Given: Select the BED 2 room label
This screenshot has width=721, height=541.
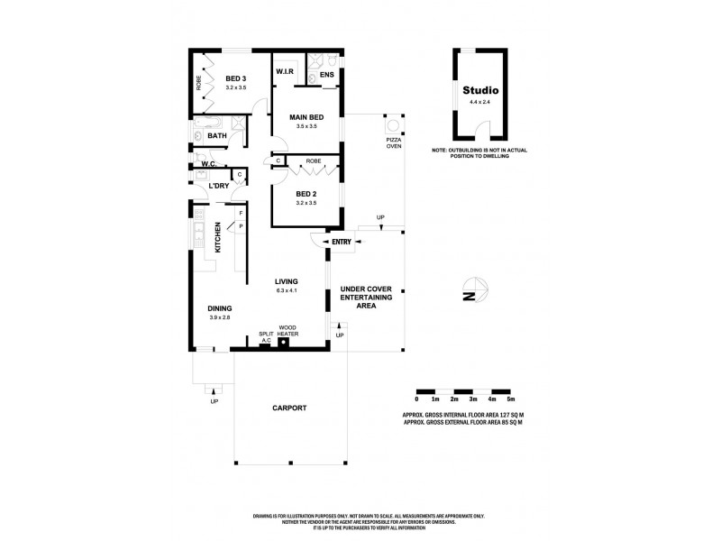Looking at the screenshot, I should tap(306, 193).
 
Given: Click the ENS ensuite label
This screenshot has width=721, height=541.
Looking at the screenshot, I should tap(327, 75).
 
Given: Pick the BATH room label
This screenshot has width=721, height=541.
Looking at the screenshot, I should tap(217, 136).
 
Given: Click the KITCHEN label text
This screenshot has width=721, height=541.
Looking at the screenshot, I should tap(217, 238).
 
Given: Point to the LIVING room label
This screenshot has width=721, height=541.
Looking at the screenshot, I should tap(286, 280).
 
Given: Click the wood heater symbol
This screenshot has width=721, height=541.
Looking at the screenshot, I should tap(283, 344).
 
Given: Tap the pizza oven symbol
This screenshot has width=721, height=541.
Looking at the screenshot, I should tap(393, 121).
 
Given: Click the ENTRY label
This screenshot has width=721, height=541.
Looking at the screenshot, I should tap(342, 241).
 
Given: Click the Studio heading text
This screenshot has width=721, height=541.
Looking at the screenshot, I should tap(480, 91).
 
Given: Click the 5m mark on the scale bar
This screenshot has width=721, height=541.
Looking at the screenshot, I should tap(511, 399).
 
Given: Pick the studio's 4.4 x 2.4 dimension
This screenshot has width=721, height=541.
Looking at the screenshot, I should tap(480, 103).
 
